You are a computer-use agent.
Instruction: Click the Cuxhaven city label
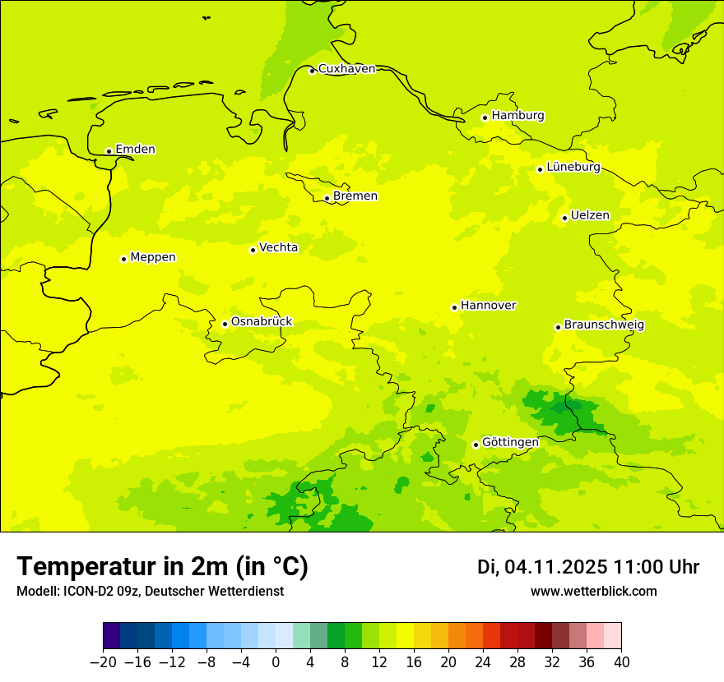click(x=346, y=69)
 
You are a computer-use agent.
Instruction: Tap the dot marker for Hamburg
click(x=485, y=118)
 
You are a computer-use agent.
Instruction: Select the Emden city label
click(x=135, y=150)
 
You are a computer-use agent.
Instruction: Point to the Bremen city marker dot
click(x=327, y=198)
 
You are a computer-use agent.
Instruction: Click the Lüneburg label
click(x=573, y=168)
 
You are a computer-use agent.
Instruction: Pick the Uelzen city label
click(x=590, y=216)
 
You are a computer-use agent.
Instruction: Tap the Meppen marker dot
click(x=123, y=259)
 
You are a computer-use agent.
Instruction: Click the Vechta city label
click(x=278, y=248)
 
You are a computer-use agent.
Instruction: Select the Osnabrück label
click(x=261, y=322)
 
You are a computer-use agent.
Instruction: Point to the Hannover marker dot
click(x=454, y=307)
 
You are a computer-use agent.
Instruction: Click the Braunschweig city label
click(x=604, y=325)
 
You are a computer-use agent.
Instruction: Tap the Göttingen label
click(x=510, y=443)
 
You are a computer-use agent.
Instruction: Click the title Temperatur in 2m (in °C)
click(x=162, y=567)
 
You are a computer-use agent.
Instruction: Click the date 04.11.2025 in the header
click(x=555, y=567)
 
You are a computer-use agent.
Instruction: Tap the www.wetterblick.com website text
click(x=593, y=592)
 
